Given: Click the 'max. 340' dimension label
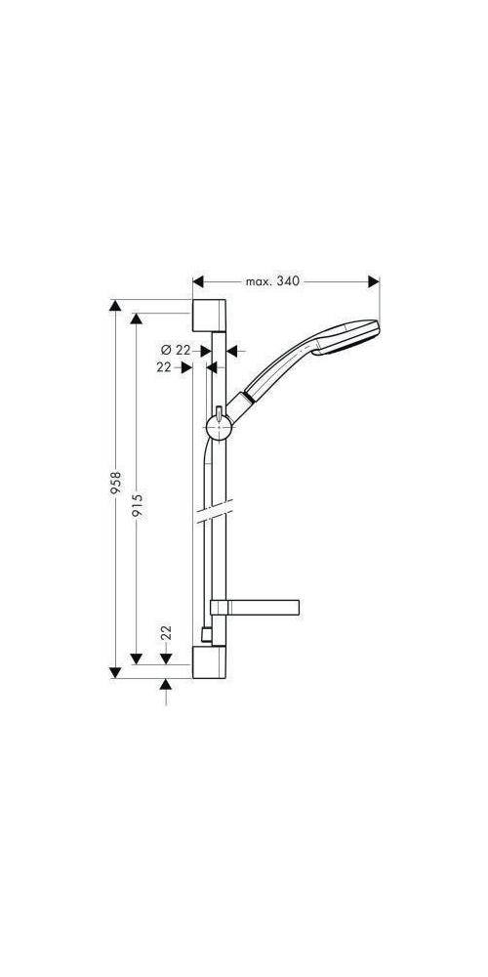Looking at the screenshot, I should pyautogui.click(x=271, y=281).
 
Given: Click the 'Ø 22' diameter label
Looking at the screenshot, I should pyautogui.click(x=175, y=349).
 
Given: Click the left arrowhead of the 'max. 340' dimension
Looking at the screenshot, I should pyautogui.click(x=197, y=281).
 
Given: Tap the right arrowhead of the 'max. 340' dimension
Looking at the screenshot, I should pyautogui.click(x=374, y=281).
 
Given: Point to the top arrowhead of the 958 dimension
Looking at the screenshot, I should pyautogui.click(x=116, y=307).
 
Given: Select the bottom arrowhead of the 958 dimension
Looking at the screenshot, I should pyautogui.click(x=116, y=670).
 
